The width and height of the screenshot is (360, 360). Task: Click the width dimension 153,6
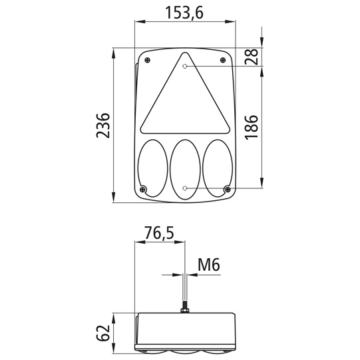click(x=184, y=12)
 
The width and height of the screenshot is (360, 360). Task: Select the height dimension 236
click(x=102, y=124)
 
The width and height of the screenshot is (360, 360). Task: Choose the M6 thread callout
click(x=208, y=266)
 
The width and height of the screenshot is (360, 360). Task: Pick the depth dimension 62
click(x=102, y=332)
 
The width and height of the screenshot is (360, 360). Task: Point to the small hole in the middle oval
click(x=185, y=188)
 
